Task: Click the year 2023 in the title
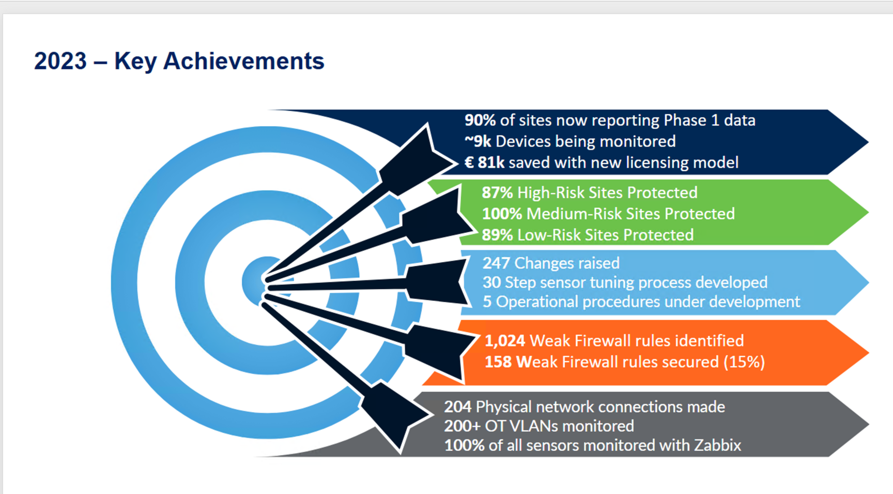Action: pyautogui.click(x=60, y=61)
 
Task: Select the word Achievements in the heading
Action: pyautogui.click(x=244, y=61)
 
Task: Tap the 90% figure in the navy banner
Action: pyautogui.click(x=480, y=120)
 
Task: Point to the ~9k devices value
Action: pyautogui.click(x=478, y=141)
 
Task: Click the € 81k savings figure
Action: pyautogui.click(x=484, y=162)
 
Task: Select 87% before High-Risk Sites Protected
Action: pyautogui.click(x=497, y=192)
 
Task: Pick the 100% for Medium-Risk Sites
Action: pyautogui.click(x=502, y=214)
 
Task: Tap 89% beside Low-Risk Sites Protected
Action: pyautogui.click(x=497, y=235)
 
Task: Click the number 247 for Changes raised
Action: pyautogui.click(x=496, y=263)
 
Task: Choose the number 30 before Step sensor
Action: pyautogui.click(x=491, y=282)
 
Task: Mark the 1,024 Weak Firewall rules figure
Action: pyautogui.click(x=505, y=341)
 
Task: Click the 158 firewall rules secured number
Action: pyautogui.click(x=498, y=362)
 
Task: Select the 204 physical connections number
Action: pyautogui.click(x=458, y=407)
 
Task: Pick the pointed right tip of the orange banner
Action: pyautogui.click(x=868, y=353)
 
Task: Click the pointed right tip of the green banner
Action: pyautogui.click(x=868, y=212)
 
